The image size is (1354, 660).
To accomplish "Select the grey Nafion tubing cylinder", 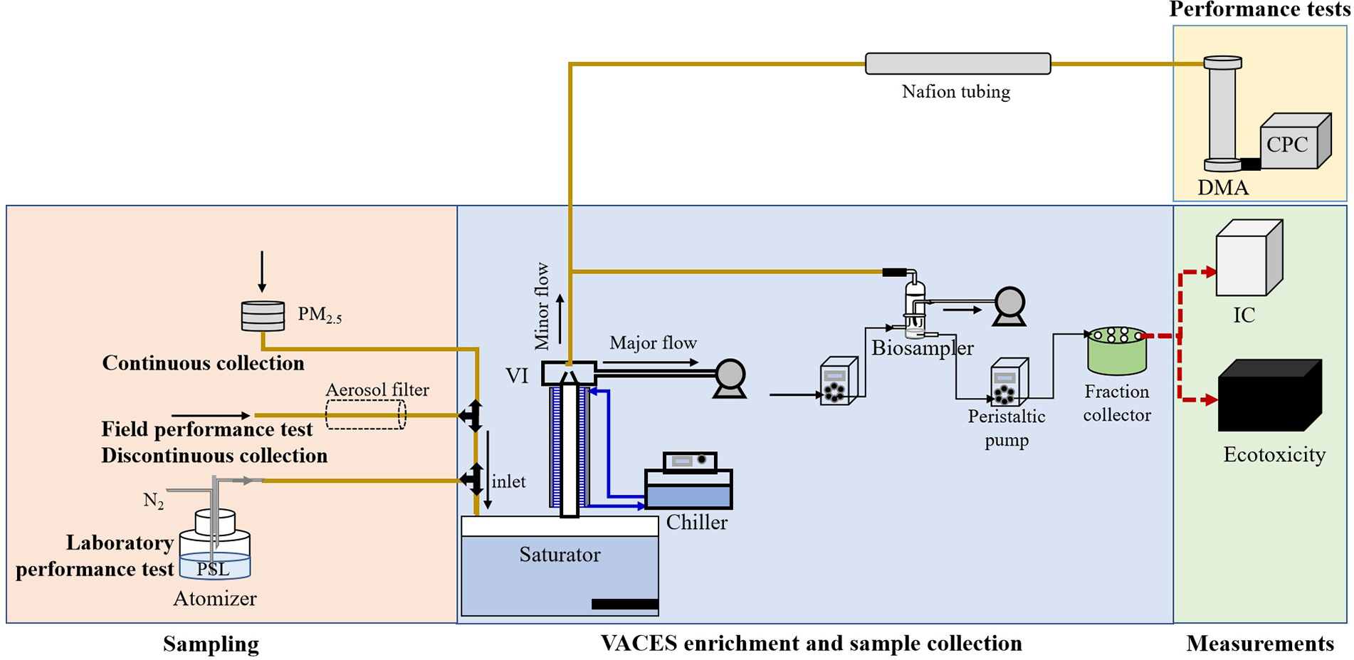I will click(x=957, y=63).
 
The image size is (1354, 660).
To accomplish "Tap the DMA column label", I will click(x=1222, y=188).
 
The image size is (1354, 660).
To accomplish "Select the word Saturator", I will click(x=560, y=555).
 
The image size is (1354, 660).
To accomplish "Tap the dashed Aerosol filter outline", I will click(x=366, y=414).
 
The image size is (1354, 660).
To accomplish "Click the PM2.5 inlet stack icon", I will click(x=263, y=316).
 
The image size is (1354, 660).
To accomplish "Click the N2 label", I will click(x=154, y=501).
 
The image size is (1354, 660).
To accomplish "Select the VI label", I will click(x=518, y=376).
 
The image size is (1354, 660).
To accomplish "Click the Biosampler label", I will click(x=923, y=348).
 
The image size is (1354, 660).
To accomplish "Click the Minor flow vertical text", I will click(x=542, y=306).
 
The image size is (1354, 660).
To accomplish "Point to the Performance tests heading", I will click(x=1259, y=9).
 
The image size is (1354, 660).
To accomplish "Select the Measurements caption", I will click(x=1259, y=644).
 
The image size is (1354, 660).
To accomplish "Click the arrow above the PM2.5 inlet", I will click(x=262, y=271).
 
